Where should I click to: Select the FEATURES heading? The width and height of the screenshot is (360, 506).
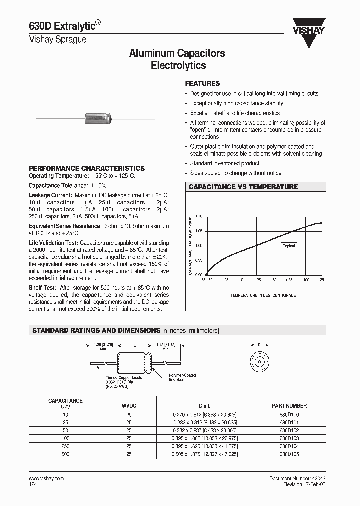point(202,84)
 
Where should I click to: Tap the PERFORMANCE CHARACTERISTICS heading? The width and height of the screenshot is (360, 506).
point(87,169)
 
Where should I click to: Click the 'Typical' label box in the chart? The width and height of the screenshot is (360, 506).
point(289,246)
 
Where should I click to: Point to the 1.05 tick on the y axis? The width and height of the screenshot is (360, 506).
point(199,231)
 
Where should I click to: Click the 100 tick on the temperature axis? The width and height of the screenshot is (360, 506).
point(306,280)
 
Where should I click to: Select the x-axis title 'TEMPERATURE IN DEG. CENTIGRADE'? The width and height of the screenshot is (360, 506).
point(263,295)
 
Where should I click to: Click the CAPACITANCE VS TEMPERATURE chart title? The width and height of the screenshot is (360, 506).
point(243,187)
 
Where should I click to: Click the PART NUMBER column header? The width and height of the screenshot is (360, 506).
point(289,406)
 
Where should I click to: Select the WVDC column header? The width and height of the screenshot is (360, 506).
point(129,406)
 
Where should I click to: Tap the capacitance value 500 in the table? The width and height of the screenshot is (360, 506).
point(65,454)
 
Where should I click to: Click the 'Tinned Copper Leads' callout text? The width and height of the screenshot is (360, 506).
point(123,377)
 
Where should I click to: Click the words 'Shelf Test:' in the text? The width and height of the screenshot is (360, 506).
point(43,288)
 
